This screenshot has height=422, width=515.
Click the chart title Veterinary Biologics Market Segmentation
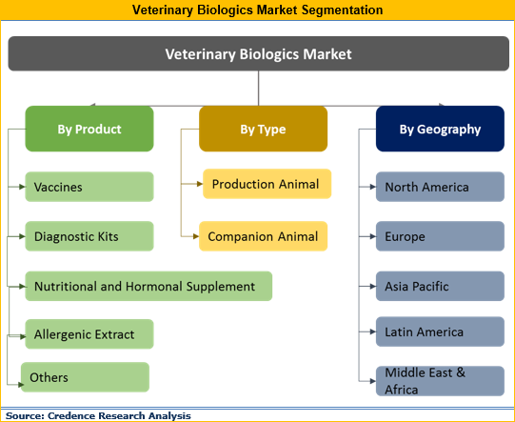pos(258,10)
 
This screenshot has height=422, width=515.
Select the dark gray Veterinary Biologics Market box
pos(258,54)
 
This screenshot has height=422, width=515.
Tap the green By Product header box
pos(88,129)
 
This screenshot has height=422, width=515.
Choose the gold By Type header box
pos(263,129)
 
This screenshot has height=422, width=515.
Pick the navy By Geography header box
pos(440,129)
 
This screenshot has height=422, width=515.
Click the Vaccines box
pos(89,187)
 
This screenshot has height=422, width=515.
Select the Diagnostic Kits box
pos(89,236)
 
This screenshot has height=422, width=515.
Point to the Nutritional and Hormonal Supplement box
pos(148,286)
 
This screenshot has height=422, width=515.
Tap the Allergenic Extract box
pos(89,334)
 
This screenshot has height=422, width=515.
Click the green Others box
pos(86,377)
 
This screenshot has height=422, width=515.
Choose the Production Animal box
pos(267,184)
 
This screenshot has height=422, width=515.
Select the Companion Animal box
pos(264,236)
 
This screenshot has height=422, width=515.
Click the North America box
pos(440,187)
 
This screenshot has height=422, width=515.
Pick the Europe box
pos(440,236)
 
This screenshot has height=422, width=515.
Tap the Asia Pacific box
pos(440,286)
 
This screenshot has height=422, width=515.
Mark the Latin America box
pos(440,332)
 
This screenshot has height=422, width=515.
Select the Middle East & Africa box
pos(440,380)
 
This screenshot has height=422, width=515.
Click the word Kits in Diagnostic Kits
pos(105,236)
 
